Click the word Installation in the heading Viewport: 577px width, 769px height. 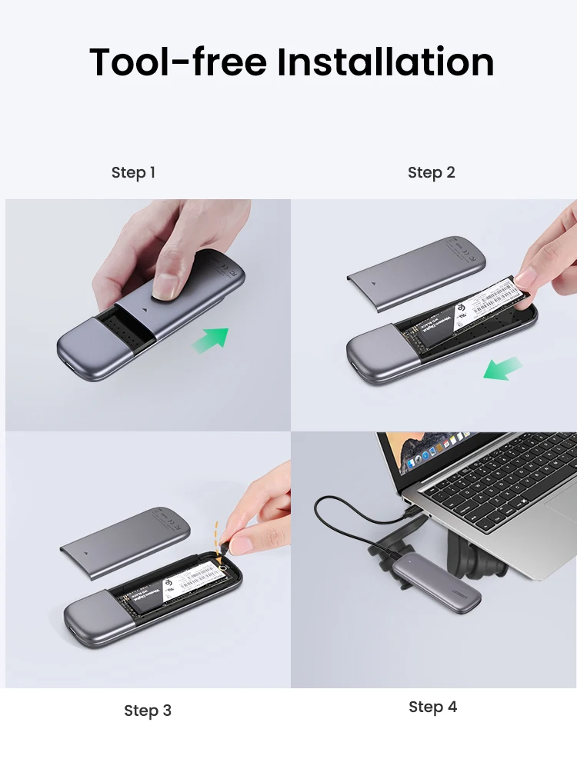click(x=385, y=62)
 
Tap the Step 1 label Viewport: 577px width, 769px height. click(x=133, y=172)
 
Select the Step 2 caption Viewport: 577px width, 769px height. click(x=432, y=172)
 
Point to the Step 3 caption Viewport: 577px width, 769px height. click(x=148, y=711)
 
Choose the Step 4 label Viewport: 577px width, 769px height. click(x=432, y=707)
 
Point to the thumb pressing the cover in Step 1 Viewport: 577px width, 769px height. click(x=167, y=285)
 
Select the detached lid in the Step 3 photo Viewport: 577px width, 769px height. click(x=125, y=538)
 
